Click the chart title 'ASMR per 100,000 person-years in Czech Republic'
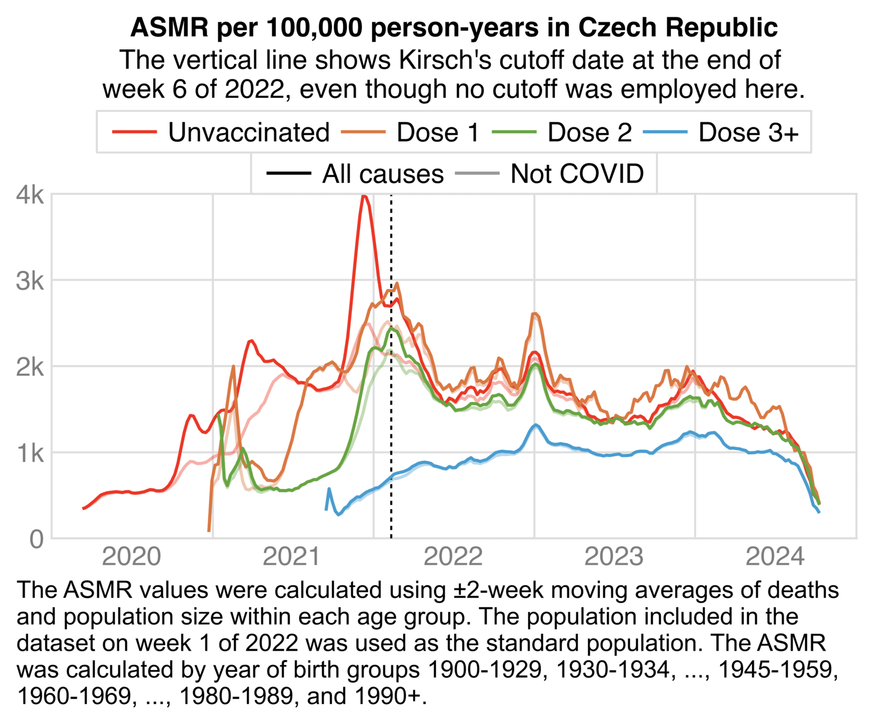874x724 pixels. coord(454,28)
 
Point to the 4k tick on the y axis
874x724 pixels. coord(30,195)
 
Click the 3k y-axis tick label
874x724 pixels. coord(30,281)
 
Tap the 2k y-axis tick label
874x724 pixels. coord(30,367)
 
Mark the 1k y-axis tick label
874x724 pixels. coord(30,453)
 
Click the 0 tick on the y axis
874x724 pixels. coord(36,539)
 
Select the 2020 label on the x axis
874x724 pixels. coord(131,556)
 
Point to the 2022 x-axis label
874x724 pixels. coord(453,556)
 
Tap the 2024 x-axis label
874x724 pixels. coord(775,556)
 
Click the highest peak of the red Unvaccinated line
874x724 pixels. coord(364,197)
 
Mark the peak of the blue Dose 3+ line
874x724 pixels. coord(535,425)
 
